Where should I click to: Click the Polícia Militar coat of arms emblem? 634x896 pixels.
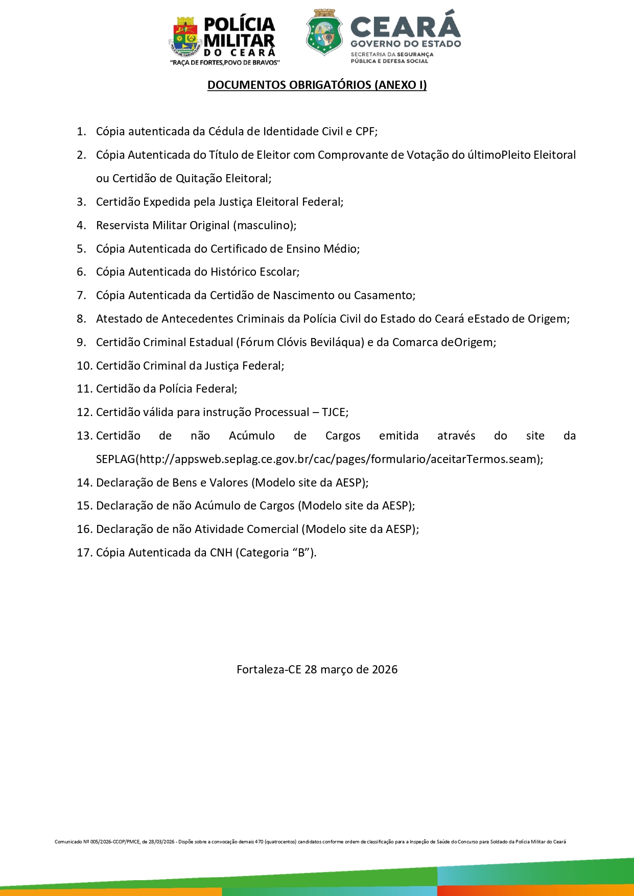(184, 37)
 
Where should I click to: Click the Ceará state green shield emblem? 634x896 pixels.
(324, 32)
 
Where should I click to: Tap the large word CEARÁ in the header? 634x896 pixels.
(406, 26)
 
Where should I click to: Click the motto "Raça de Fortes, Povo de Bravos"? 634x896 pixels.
(225, 63)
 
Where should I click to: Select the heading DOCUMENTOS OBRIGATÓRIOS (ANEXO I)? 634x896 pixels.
(317, 85)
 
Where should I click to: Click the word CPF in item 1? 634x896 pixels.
(365, 132)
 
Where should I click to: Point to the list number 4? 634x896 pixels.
(81, 225)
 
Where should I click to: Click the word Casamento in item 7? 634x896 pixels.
(383, 295)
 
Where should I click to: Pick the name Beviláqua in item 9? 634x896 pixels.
(339, 342)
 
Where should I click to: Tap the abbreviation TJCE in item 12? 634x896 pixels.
(334, 412)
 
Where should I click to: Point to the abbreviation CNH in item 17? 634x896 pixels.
(221, 552)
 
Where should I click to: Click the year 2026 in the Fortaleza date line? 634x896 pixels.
(385, 669)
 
